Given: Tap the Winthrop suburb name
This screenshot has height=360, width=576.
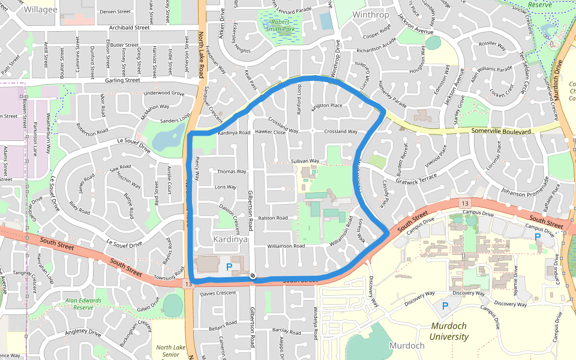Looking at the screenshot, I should point(370,14).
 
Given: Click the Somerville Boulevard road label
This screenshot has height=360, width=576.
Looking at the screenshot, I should point(501,131).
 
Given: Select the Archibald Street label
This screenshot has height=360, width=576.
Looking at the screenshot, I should point(129,28).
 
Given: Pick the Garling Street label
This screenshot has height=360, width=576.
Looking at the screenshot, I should point(122,80).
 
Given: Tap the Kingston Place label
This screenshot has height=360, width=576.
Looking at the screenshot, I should point(326,106).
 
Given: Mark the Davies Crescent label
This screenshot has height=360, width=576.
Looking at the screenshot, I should point(218,293).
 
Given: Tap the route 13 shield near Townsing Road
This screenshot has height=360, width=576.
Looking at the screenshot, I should point(189,283).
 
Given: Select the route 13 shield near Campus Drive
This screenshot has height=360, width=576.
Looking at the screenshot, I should point(465,205).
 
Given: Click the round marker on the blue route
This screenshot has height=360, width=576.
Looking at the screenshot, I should point(253,276).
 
